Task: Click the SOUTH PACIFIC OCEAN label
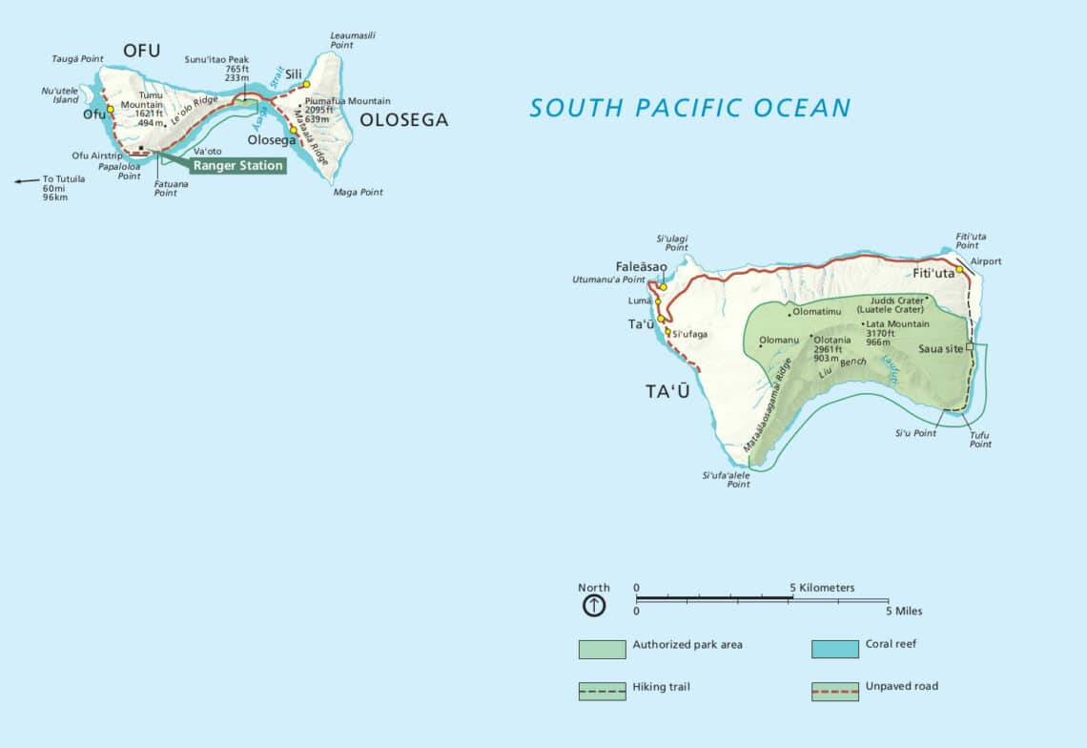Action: tap(689, 108)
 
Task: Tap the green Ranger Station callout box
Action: tap(237, 165)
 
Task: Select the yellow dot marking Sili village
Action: tap(306, 84)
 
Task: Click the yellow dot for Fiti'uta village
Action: tap(960, 270)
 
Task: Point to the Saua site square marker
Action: tap(970, 347)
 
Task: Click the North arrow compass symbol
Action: tap(593, 606)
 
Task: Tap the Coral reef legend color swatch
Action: tap(835, 649)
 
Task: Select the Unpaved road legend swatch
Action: tap(835, 691)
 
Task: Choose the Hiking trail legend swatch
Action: tap(602, 691)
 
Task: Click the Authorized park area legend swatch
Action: tap(602, 649)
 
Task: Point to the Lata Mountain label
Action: tap(896, 324)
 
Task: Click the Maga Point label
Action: tap(358, 192)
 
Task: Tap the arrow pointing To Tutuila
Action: tap(26, 178)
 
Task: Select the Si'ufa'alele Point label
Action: tap(726, 479)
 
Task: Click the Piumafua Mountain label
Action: tap(347, 100)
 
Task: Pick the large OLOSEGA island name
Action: tap(403, 120)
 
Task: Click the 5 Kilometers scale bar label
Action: tap(822, 588)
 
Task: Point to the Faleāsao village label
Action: tap(641, 266)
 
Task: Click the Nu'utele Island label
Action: tap(59, 95)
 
